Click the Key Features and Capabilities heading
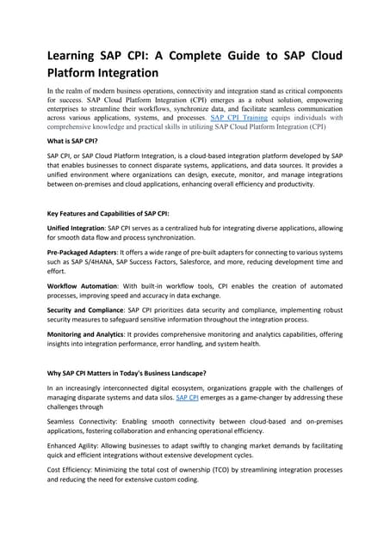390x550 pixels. [x=108, y=212]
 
